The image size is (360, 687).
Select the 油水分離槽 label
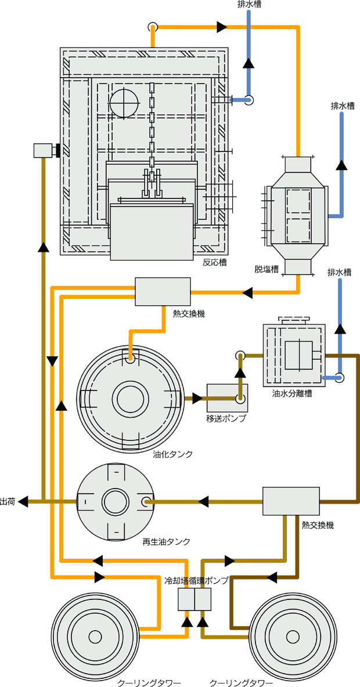click(292, 394)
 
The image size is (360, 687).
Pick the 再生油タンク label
click(166, 541)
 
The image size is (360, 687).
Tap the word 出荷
click(8, 501)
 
